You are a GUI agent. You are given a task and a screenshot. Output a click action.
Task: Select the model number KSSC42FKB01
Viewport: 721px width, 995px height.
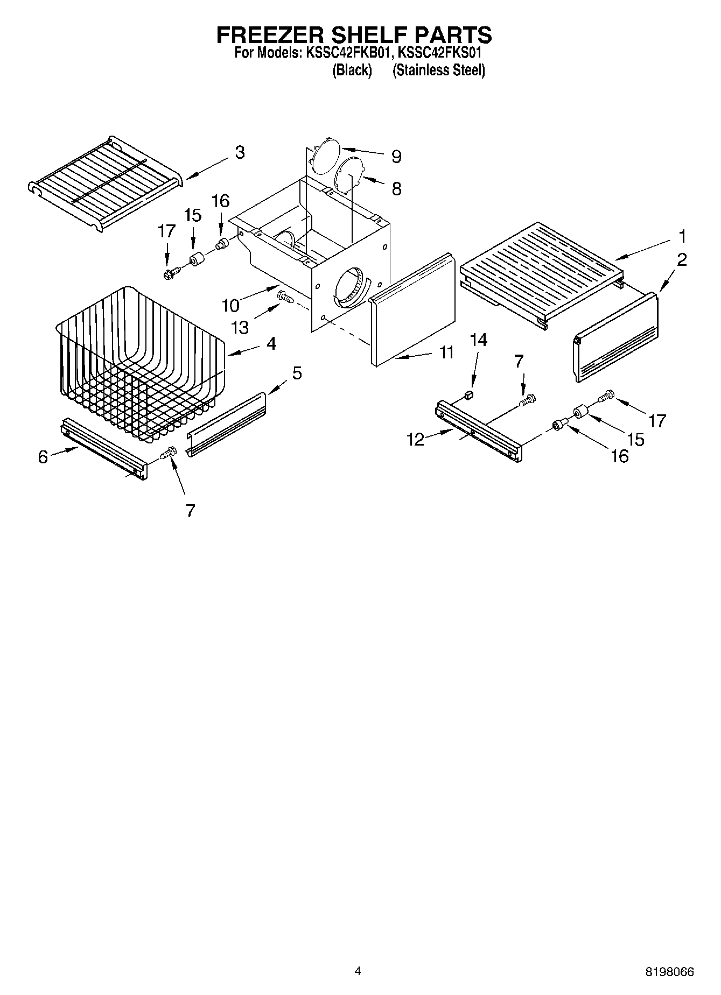pos(348,53)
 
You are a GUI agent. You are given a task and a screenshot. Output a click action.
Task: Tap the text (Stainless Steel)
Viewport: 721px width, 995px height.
pos(439,70)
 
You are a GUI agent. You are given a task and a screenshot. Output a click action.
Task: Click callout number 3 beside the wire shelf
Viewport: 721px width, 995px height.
pos(240,152)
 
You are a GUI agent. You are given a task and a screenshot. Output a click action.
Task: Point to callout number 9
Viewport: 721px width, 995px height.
pos(396,157)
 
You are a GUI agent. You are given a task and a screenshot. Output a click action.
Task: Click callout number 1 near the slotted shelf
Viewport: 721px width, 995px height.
pos(682,236)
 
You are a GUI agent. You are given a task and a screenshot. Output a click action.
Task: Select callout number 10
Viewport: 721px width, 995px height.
pos(230,306)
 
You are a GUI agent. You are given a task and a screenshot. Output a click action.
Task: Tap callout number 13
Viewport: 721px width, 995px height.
pos(240,327)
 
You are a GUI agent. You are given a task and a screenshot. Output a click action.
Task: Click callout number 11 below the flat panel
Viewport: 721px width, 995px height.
pos(446,352)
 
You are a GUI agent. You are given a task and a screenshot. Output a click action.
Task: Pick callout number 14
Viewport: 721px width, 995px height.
pos(478,340)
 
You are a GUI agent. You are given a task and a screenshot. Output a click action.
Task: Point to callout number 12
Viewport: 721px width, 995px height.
pos(415,440)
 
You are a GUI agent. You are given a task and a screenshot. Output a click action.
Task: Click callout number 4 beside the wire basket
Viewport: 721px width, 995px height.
pos(271,343)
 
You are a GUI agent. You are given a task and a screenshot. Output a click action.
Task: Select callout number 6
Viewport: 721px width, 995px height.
pos(43,457)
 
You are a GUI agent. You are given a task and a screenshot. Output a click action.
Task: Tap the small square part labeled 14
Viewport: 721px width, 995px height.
pos(468,396)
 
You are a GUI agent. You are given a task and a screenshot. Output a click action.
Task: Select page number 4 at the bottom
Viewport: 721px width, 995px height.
pos(358,971)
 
